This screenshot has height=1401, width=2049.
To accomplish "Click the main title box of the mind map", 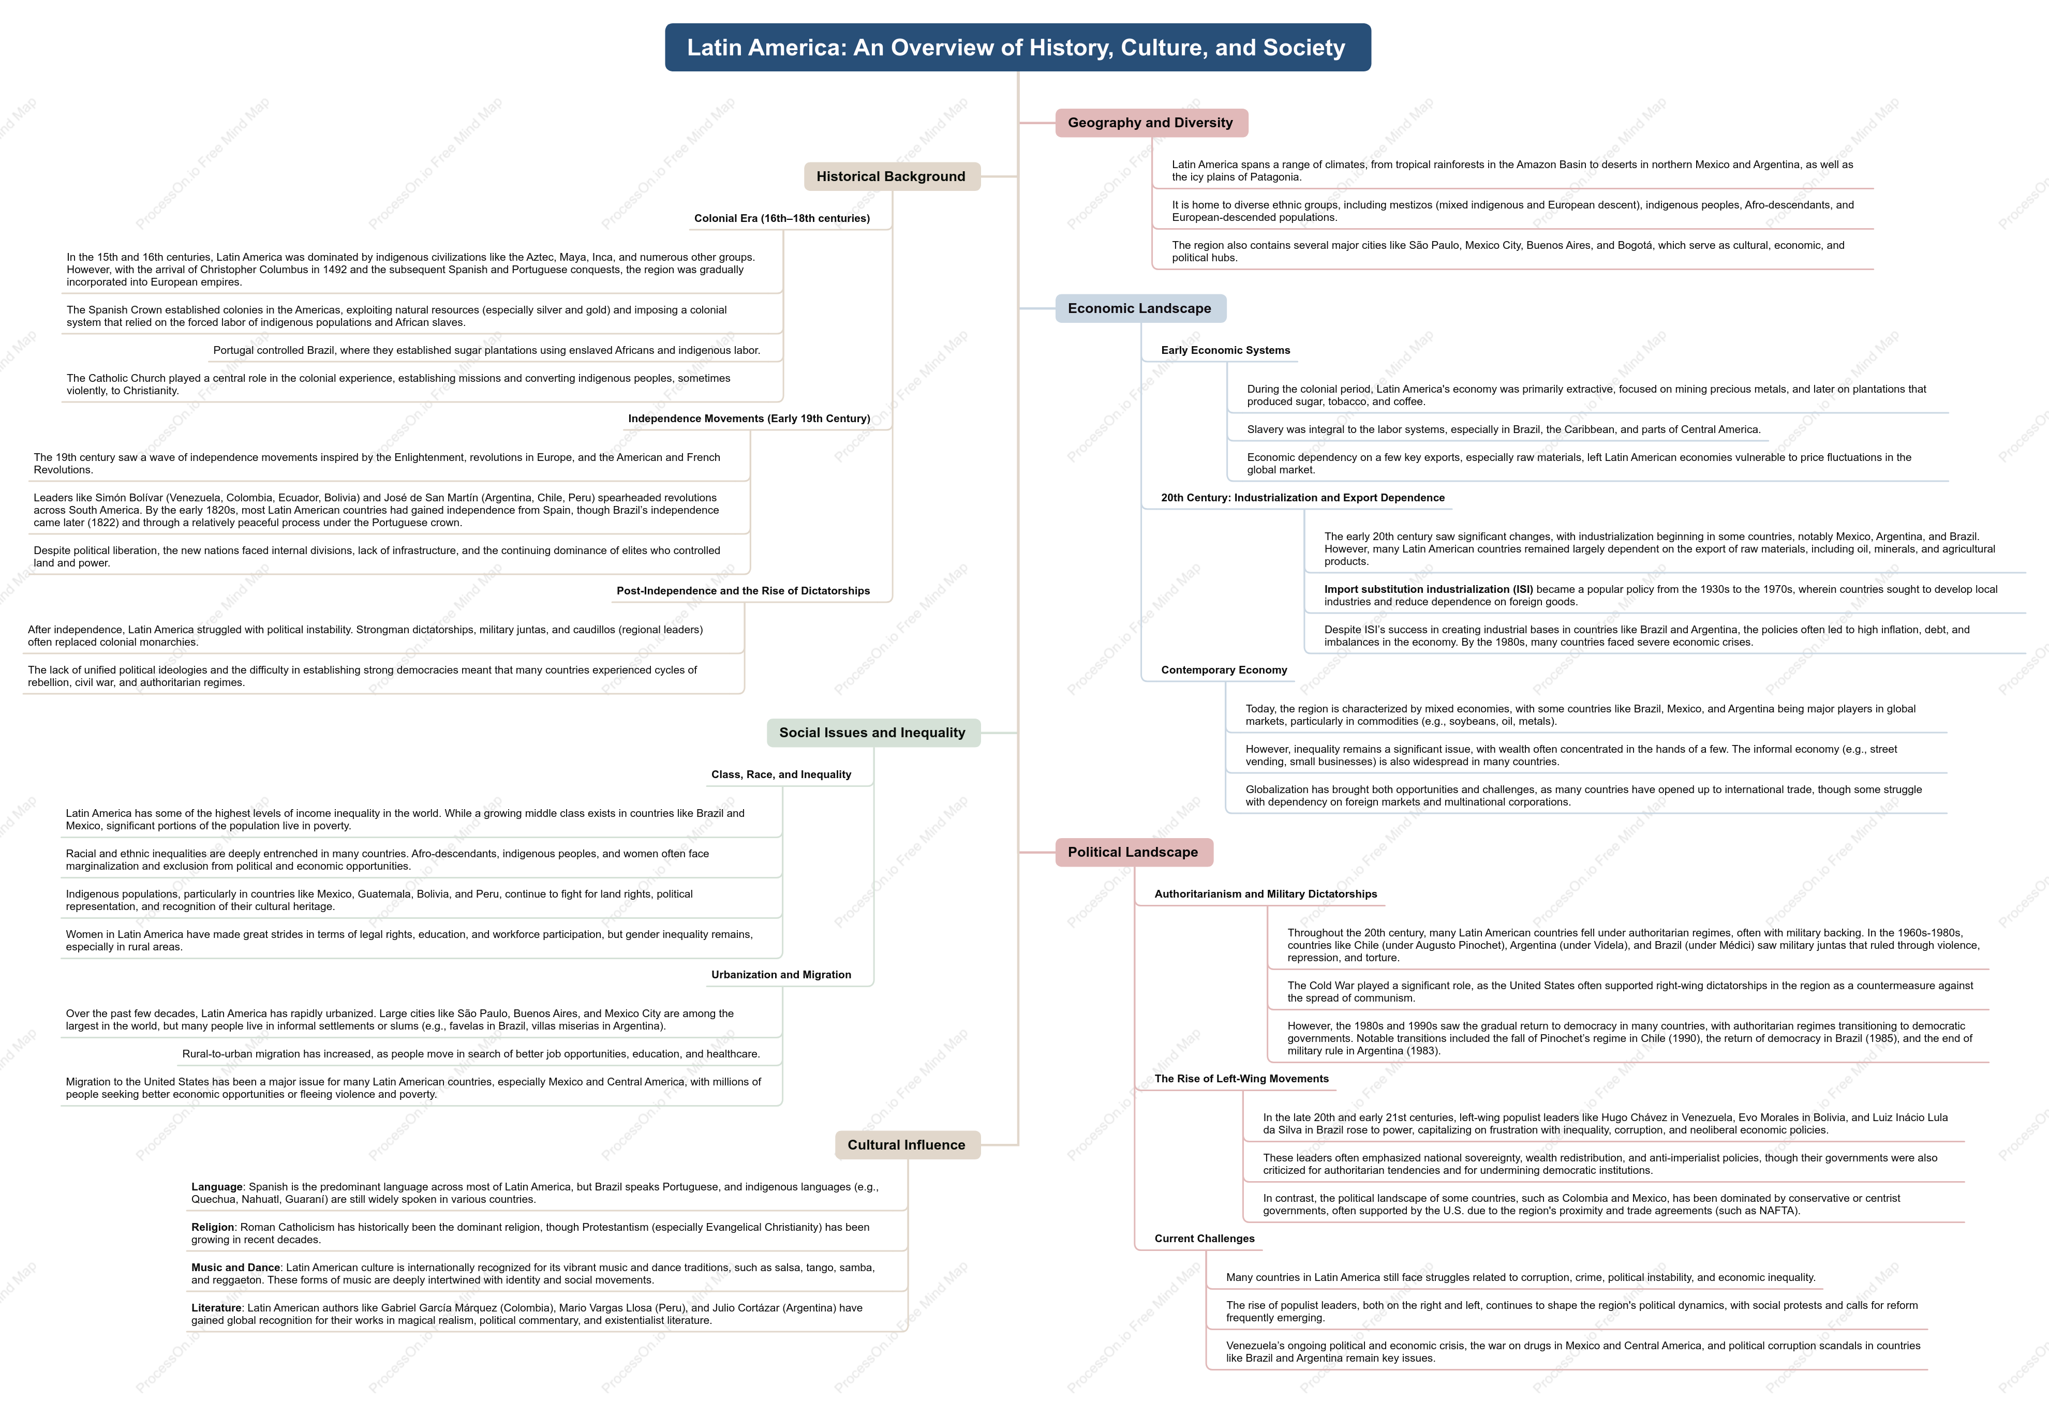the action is coord(1017,48).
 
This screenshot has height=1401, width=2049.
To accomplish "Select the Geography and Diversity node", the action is coord(1151,123).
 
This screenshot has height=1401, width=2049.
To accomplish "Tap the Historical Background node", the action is coord(892,176).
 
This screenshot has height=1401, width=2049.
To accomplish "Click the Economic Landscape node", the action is coord(1140,308).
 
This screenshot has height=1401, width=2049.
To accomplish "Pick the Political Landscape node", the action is coord(1133,852).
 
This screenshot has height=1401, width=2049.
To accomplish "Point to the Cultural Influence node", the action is coord(907,1144).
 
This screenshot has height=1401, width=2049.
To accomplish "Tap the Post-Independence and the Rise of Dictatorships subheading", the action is coord(743,591).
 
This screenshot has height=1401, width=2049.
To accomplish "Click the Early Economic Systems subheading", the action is coord(1226,350).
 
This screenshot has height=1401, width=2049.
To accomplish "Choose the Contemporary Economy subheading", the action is coord(1224,670).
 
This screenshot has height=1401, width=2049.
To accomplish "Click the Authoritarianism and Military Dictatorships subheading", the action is coord(1266,894).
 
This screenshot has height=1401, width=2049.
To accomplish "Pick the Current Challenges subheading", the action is coord(1205,1239).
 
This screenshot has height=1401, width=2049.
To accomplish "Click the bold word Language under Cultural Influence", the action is coord(217,1187).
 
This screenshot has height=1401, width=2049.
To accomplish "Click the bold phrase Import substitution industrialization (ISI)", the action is coord(1428,589).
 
